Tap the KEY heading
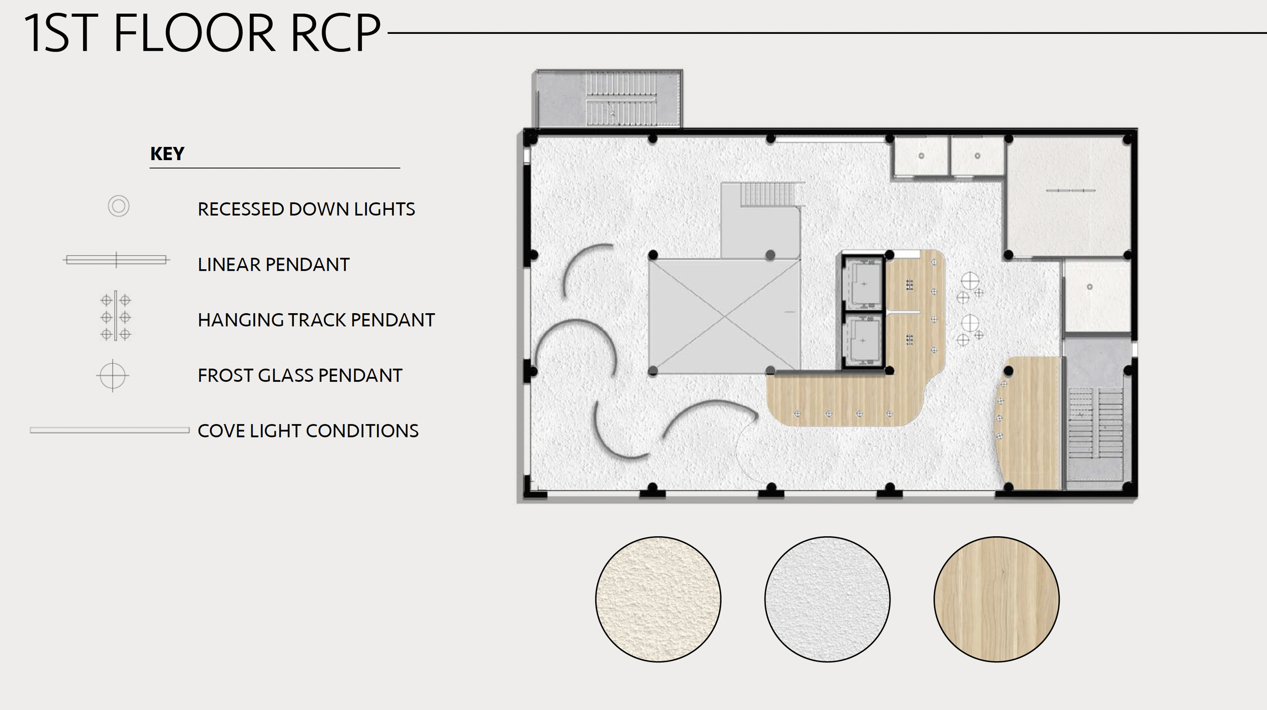(x=167, y=154)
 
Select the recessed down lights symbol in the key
(x=119, y=206)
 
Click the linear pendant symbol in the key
(x=116, y=259)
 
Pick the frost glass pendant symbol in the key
(x=113, y=376)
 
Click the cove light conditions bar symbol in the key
(x=109, y=430)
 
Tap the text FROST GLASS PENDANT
(x=300, y=376)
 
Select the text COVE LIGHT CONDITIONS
(x=308, y=431)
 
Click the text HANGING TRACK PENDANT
(x=316, y=320)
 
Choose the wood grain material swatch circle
(x=996, y=599)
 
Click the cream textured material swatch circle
(x=658, y=599)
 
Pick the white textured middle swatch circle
(x=827, y=599)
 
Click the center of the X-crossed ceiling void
(x=725, y=317)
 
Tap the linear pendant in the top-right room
(x=1070, y=191)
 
